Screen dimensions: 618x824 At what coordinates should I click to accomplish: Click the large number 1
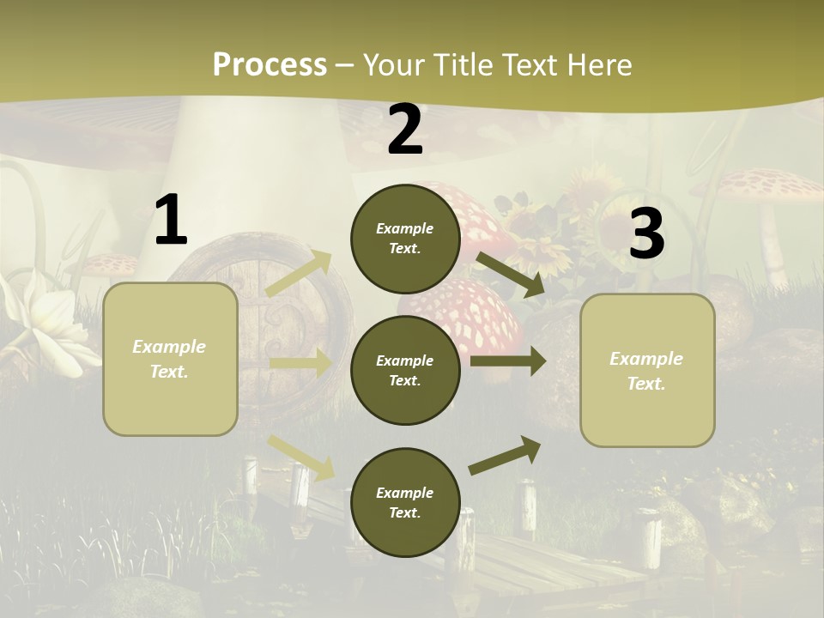(171, 221)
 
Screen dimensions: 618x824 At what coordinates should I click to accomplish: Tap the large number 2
(405, 130)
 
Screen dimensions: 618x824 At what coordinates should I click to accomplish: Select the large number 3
(646, 233)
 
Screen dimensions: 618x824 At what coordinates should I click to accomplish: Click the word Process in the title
(270, 64)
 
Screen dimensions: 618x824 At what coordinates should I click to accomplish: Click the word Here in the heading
(597, 64)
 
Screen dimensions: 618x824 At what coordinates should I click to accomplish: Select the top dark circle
(405, 239)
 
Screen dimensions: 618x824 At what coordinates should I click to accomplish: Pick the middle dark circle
(405, 370)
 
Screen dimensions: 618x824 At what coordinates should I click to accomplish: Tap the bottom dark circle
(405, 502)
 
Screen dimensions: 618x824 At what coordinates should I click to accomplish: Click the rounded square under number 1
(170, 359)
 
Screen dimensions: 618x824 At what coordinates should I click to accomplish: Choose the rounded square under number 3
(647, 370)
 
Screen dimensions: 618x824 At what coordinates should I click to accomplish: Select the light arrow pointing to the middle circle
(300, 363)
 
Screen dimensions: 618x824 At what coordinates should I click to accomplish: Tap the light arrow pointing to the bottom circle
(301, 457)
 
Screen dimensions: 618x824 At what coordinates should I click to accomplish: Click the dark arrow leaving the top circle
(511, 275)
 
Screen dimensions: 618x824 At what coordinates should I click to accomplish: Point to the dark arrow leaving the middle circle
(508, 360)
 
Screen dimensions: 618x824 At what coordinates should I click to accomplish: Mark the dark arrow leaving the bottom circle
(506, 455)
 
